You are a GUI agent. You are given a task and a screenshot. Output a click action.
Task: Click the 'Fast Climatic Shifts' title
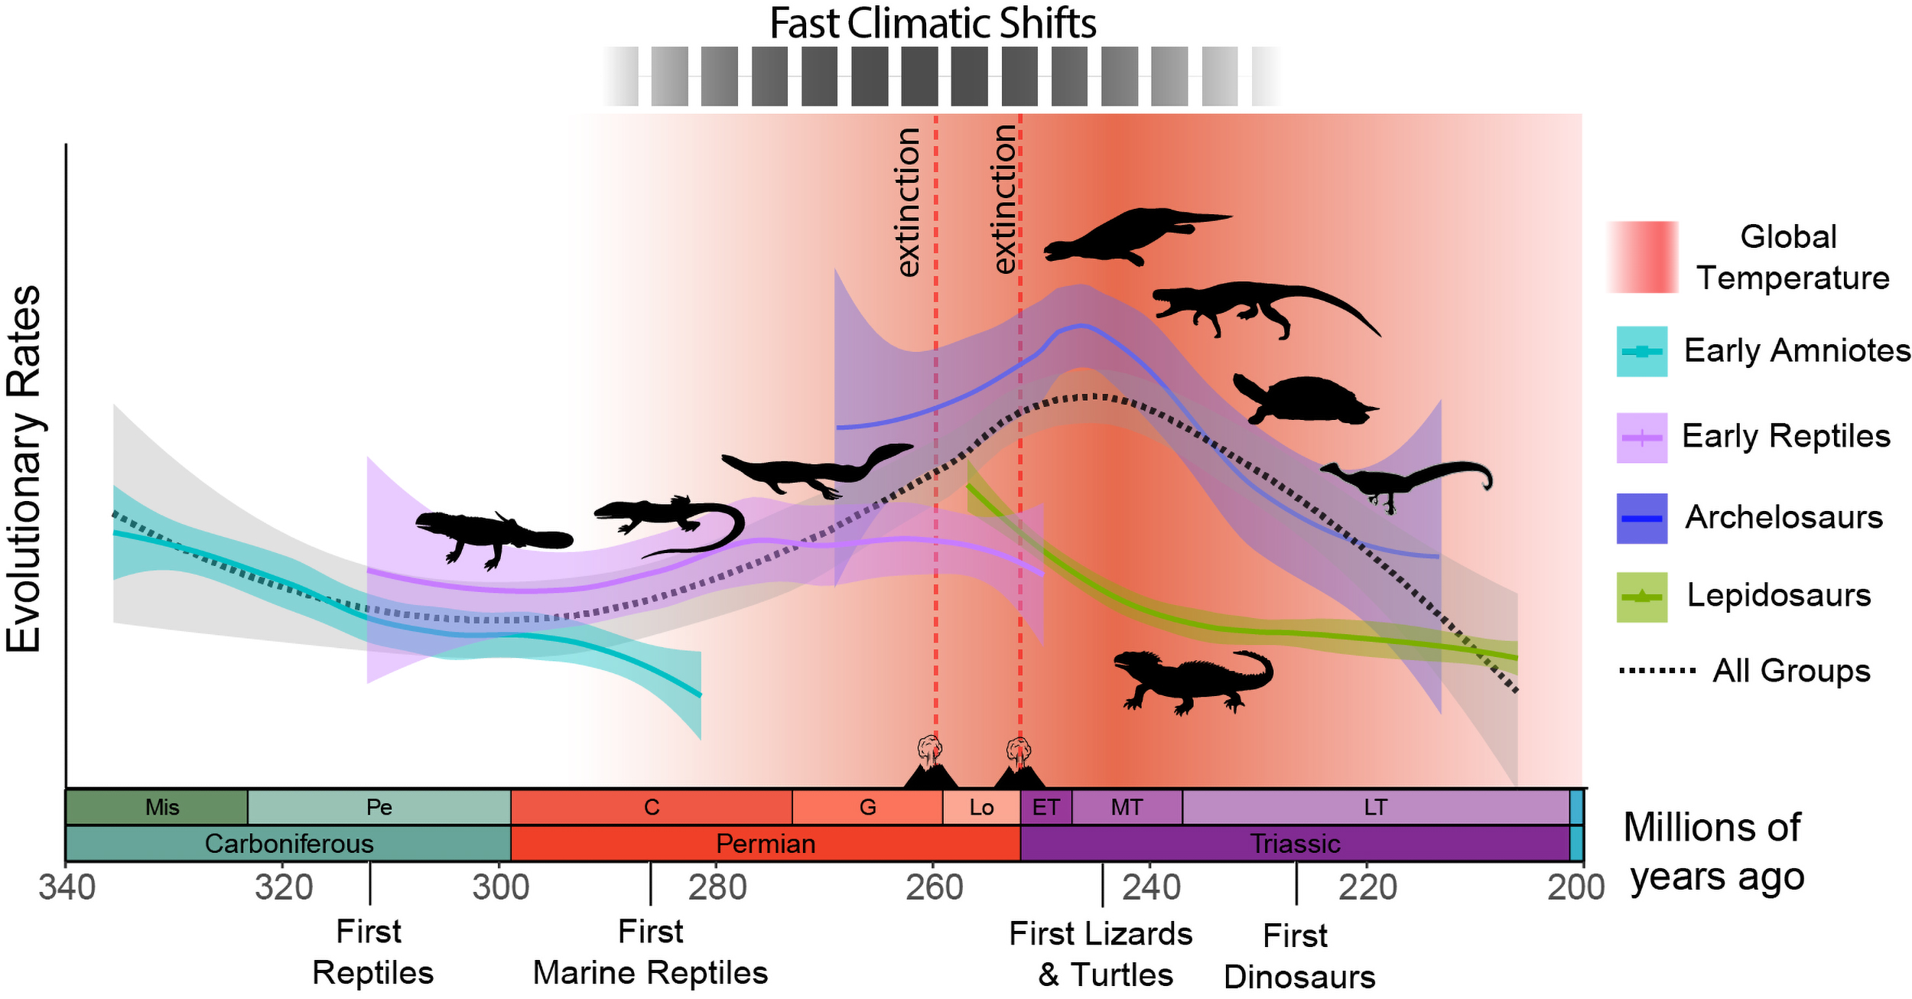[932, 23]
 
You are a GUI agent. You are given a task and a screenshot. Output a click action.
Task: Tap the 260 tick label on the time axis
[934, 888]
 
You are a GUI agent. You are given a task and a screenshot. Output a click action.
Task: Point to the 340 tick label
[67, 888]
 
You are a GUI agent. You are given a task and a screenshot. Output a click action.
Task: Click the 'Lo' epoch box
[981, 807]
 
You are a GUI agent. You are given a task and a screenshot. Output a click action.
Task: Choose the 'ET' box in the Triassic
[1045, 807]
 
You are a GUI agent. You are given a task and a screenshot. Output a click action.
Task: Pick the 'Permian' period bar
[765, 844]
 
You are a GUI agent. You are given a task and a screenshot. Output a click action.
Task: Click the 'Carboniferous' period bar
[288, 844]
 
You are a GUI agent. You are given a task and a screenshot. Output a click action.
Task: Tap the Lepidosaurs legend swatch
[1641, 597]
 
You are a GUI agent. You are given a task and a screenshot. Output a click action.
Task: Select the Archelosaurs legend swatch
[1641, 518]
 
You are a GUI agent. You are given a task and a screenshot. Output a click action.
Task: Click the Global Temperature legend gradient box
[1642, 257]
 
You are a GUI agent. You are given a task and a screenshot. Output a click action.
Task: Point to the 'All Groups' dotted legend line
[1657, 671]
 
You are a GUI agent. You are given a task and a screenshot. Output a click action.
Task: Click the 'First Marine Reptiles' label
[650, 952]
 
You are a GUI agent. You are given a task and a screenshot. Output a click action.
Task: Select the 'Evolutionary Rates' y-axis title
[24, 468]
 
